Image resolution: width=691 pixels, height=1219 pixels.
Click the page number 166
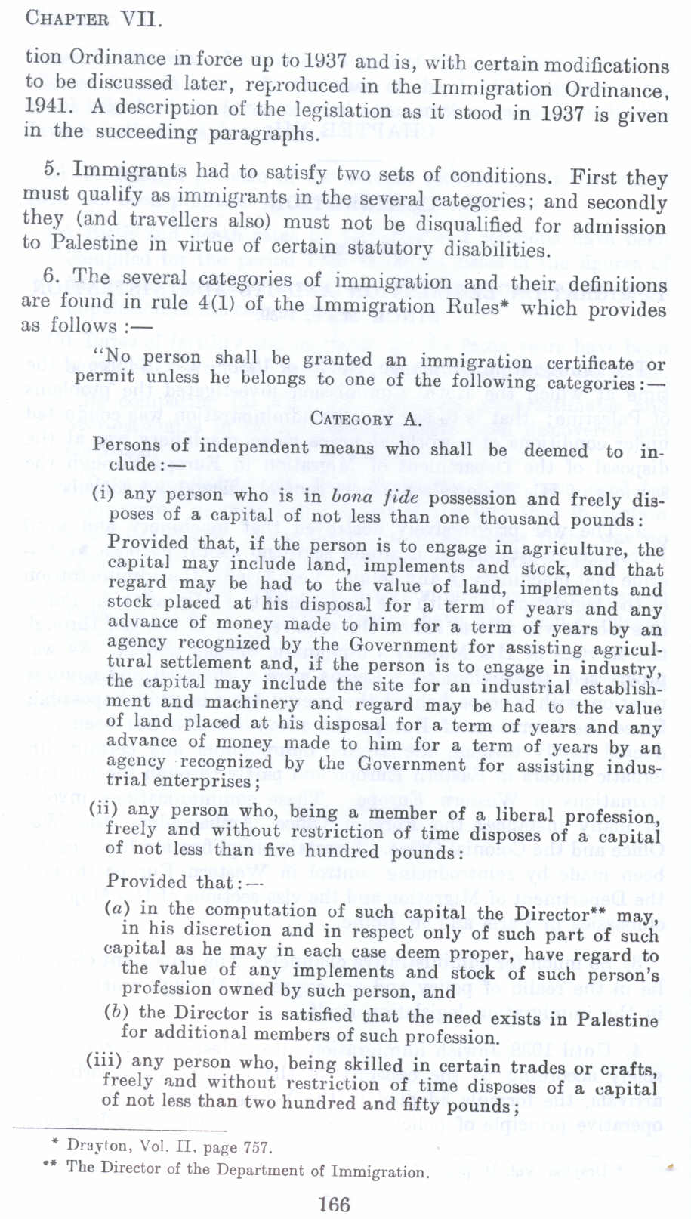[x=334, y=1203]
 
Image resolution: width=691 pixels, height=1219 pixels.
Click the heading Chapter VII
[x=94, y=17]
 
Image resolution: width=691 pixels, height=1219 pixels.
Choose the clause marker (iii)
[x=103, y=1060]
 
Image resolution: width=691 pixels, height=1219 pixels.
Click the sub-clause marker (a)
[x=117, y=909]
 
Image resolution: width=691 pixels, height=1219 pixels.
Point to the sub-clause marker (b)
[x=117, y=1011]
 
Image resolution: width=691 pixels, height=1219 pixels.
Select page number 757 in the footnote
[x=257, y=1148]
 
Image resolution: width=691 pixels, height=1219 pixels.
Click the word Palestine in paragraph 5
[x=95, y=243]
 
